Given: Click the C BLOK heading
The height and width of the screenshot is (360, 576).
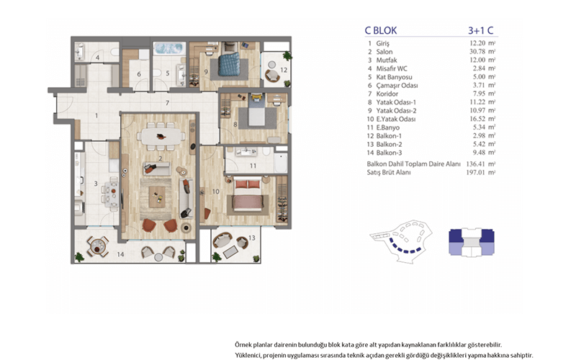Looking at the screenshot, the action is (381, 30).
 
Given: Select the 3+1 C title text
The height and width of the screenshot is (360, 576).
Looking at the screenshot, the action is (480, 30).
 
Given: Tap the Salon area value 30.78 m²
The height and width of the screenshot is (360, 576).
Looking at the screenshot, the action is (482, 51).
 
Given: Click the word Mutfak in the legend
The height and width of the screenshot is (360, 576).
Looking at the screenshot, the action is (387, 60).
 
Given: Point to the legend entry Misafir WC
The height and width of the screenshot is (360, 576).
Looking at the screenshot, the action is (392, 68).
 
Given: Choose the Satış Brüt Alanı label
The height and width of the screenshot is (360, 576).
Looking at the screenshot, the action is (389, 172).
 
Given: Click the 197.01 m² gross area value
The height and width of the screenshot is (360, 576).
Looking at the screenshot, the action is (481, 172).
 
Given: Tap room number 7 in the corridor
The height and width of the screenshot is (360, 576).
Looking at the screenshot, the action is (167, 103).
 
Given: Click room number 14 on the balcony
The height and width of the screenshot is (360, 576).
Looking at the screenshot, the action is (120, 254).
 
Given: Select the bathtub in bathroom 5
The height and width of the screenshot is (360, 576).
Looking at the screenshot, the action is (168, 48).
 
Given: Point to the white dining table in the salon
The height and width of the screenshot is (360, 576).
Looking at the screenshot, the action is (161, 137).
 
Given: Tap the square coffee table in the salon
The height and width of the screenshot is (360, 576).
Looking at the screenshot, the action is (157, 197).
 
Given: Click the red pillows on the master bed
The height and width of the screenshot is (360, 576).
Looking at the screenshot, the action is (247, 184).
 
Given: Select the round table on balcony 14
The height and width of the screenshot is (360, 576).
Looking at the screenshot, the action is (97, 246).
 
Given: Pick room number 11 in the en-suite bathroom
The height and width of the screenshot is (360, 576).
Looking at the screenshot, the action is (253, 166).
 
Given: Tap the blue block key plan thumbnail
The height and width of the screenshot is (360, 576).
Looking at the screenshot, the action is (472, 242).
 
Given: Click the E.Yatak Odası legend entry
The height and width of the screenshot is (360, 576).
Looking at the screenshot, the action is (391, 119).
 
